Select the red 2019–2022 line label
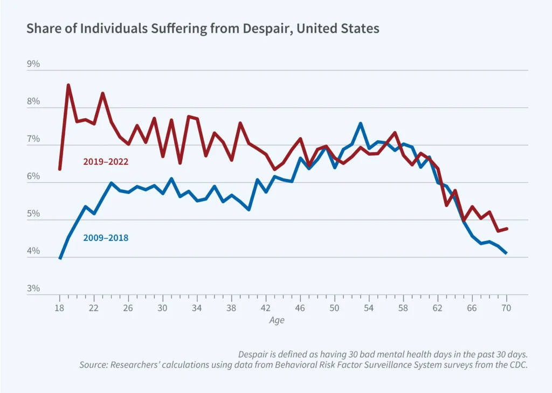(106, 161)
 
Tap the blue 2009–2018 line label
(106, 237)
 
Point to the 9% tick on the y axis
(33, 64)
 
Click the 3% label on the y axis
(33, 288)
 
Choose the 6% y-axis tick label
(33, 176)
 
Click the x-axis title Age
(277, 320)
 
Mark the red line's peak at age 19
(68, 85)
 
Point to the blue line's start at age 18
(59, 259)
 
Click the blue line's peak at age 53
(360, 123)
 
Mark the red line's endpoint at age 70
(507, 229)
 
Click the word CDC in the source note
(517, 364)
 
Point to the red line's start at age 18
(59, 169)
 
